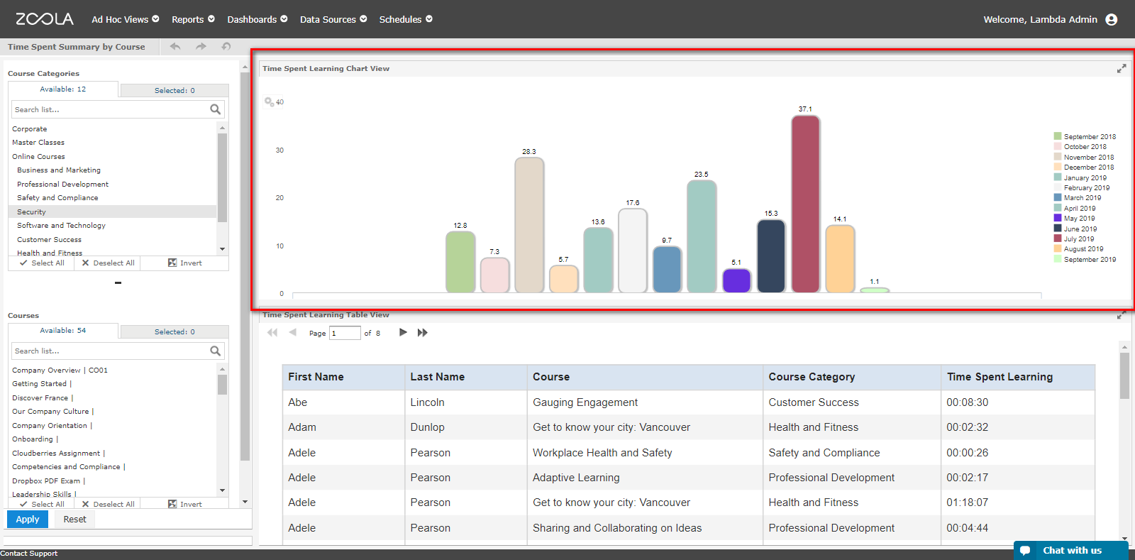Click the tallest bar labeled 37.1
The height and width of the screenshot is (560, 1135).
(x=805, y=204)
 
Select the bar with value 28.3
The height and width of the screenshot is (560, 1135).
(x=529, y=225)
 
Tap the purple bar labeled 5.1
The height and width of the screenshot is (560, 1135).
(x=736, y=280)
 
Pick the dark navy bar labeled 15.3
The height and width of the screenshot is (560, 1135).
(x=770, y=256)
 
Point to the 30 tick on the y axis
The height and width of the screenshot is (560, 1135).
(x=279, y=150)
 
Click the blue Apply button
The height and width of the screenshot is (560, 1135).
(x=28, y=519)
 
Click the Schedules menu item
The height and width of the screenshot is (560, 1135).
(x=406, y=19)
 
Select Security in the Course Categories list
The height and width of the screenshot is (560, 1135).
(x=31, y=212)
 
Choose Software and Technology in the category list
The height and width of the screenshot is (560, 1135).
(x=61, y=226)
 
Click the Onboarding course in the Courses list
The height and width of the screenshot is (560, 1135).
(x=33, y=439)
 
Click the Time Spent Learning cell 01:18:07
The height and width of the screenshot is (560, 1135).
(x=968, y=503)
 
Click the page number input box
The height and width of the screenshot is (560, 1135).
(x=345, y=333)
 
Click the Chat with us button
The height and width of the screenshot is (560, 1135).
(x=1070, y=550)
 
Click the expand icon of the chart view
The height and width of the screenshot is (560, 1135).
(x=1122, y=68)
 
